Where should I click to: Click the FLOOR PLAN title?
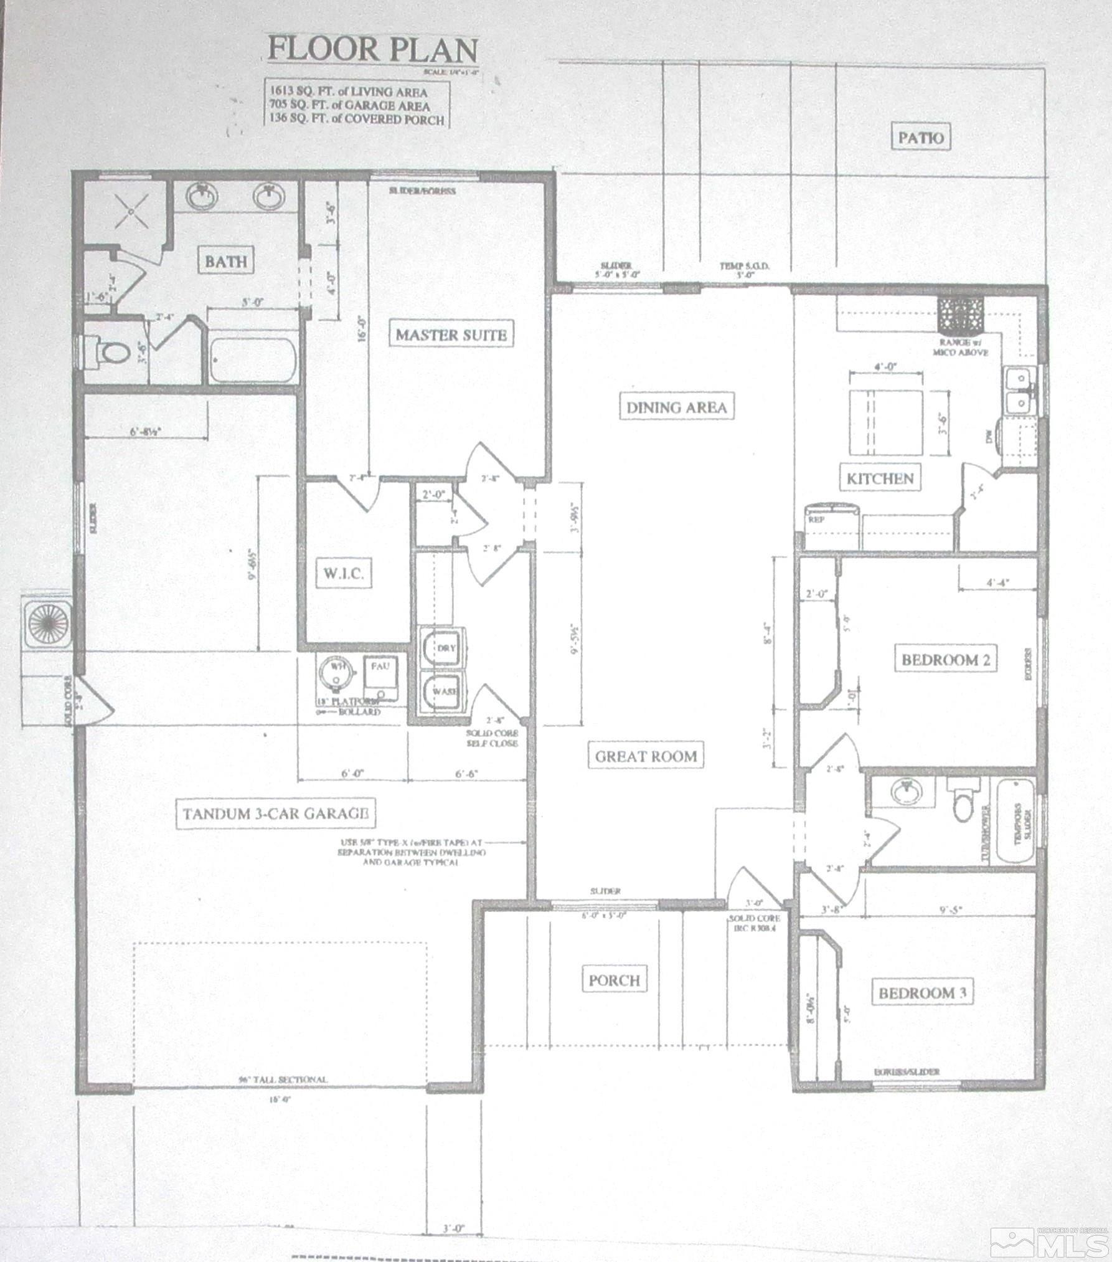tap(372, 49)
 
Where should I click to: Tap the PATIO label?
tap(921, 138)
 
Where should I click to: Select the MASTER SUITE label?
tap(451, 334)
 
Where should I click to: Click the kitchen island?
tap(886, 424)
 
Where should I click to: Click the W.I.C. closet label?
tap(343, 574)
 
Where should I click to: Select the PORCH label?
tap(614, 980)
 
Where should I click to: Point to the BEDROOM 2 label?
tap(945, 660)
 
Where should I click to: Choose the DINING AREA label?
tap(676, 407)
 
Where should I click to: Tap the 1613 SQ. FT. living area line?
tap(348, 92)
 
